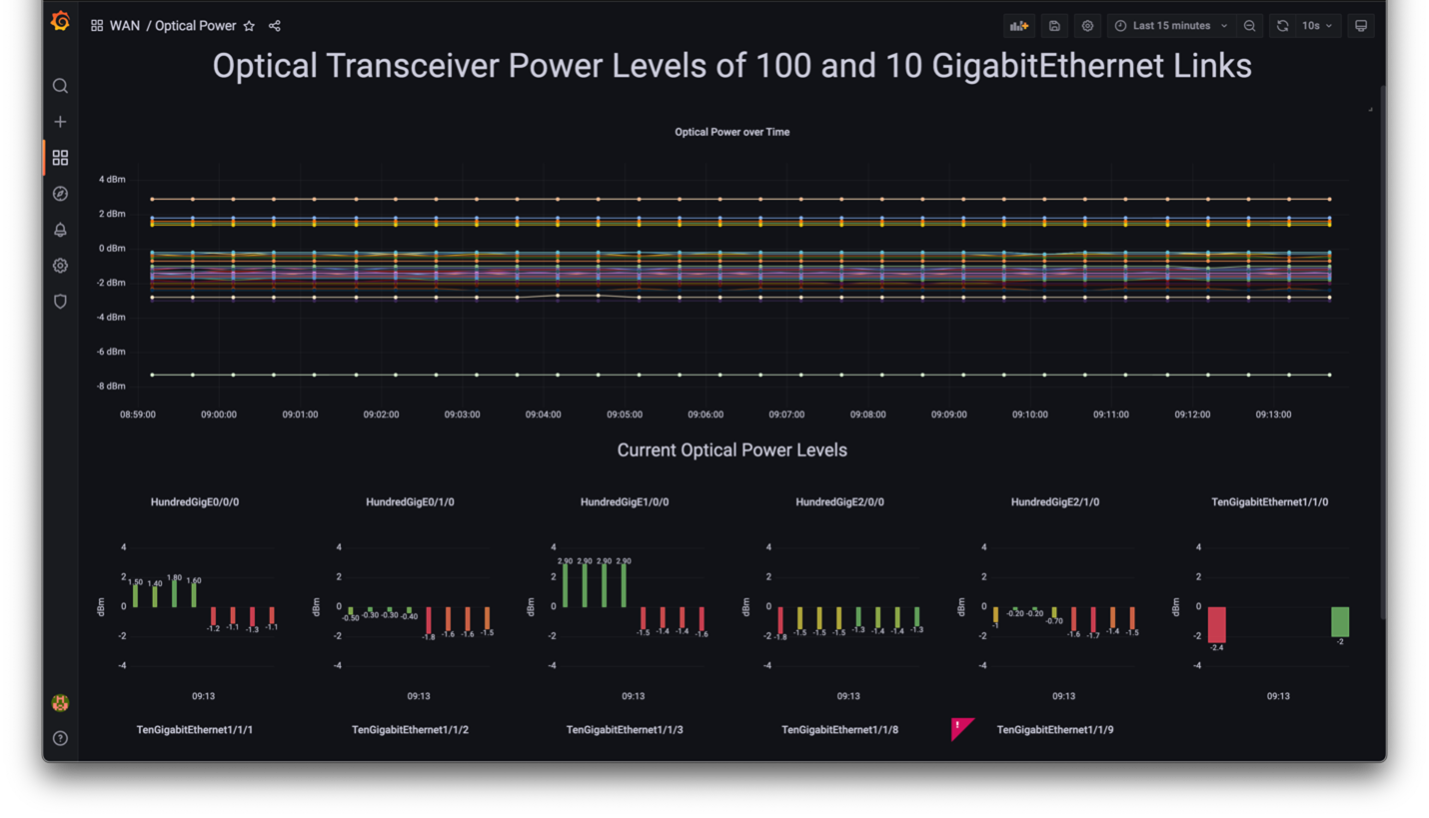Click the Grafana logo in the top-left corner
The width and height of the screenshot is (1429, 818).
(x=60, y=21)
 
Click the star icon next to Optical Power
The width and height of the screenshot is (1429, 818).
(x=250, y=26)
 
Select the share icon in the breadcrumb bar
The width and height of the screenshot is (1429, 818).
(x=275, y=26)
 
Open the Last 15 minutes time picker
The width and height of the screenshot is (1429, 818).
(x=1171, y=26)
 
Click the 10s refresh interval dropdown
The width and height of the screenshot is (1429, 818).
(x=1316, y=26)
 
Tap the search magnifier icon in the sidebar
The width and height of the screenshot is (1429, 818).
(x=60, y=86)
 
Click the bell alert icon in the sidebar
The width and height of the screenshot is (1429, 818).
(x=60, y=230)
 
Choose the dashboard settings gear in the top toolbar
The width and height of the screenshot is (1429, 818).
(x=1087, y=26)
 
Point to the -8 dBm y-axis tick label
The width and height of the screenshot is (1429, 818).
(x=111, y=387)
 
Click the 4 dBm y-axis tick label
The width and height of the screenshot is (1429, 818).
(x=112, y=180)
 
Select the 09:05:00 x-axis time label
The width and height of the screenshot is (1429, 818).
(x=625, y=414)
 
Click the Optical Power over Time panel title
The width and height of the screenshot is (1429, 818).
(x=731, y=132)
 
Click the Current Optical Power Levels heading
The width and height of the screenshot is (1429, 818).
(x=731, y=450)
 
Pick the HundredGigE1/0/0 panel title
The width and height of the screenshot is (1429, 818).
(x=625, y=502)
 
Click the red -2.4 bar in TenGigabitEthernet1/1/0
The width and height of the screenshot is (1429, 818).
(x=1216, y=624)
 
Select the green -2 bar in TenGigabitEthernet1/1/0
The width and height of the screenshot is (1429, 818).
(x=1340, y=621)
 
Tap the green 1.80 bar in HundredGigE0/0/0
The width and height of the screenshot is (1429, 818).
(x=174, y=594)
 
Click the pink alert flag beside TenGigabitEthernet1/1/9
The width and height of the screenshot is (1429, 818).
(x=961, y=728)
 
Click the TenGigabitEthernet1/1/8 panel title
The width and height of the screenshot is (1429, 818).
(x=839, y=730)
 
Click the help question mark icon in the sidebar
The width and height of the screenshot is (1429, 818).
(x=60, y=738)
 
